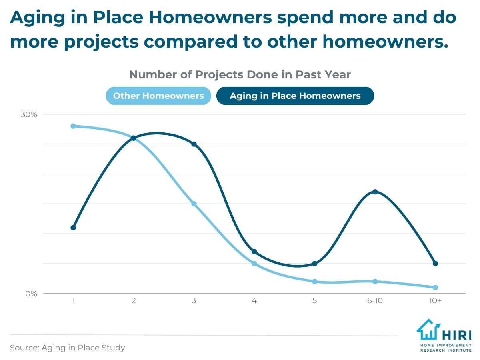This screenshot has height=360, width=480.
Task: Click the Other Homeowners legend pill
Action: [158, 96]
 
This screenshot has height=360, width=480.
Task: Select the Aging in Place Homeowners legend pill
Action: [295, 96]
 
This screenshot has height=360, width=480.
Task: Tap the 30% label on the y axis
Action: [29, 115]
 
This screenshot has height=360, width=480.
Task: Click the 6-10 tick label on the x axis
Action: [375, 300]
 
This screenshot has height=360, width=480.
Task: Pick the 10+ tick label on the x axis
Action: [435, 300]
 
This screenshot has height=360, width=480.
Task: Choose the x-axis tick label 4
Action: [254, 300]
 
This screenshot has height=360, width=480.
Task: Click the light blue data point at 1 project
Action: [73, 126]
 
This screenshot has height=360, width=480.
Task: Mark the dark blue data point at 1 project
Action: [73, 228]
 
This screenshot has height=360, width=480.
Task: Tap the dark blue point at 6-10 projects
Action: [375, 192]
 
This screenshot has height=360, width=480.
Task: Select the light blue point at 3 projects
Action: [194, 204]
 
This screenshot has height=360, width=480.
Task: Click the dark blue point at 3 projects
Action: [194, 144]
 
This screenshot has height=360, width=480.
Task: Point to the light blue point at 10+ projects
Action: [435, 287]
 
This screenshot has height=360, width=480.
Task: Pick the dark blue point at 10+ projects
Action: [435, 263]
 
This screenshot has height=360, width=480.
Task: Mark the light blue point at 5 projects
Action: [314, 281]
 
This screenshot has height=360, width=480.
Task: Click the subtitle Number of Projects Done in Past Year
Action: [240, 75]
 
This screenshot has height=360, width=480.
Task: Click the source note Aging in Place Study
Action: [67, 348]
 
